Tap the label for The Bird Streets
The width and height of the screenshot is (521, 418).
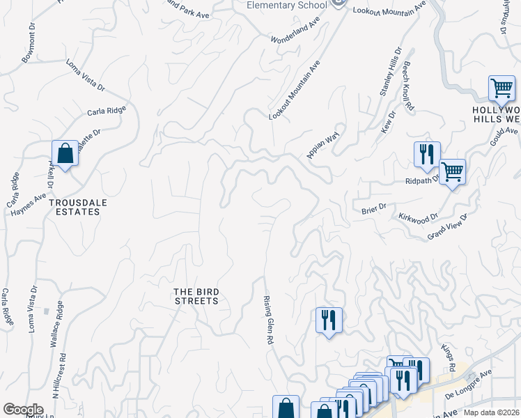tap(196, 296)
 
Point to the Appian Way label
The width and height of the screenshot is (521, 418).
tap(322, 144)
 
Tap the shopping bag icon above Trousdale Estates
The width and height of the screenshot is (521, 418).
tap(65, 153)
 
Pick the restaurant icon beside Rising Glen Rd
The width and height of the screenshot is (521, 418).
tap(328, 320)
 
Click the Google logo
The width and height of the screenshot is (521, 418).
tap(23, 410)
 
